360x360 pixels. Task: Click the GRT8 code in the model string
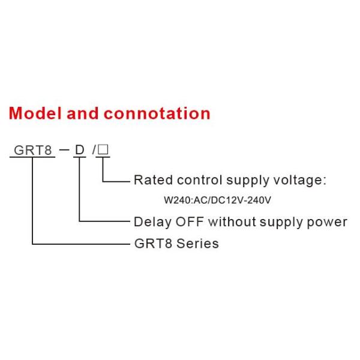point(32,149)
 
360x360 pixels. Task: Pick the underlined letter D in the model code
point(79,149)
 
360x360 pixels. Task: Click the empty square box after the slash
point(103,149)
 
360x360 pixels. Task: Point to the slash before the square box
point(95,149)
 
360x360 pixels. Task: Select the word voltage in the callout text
point(300,180)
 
